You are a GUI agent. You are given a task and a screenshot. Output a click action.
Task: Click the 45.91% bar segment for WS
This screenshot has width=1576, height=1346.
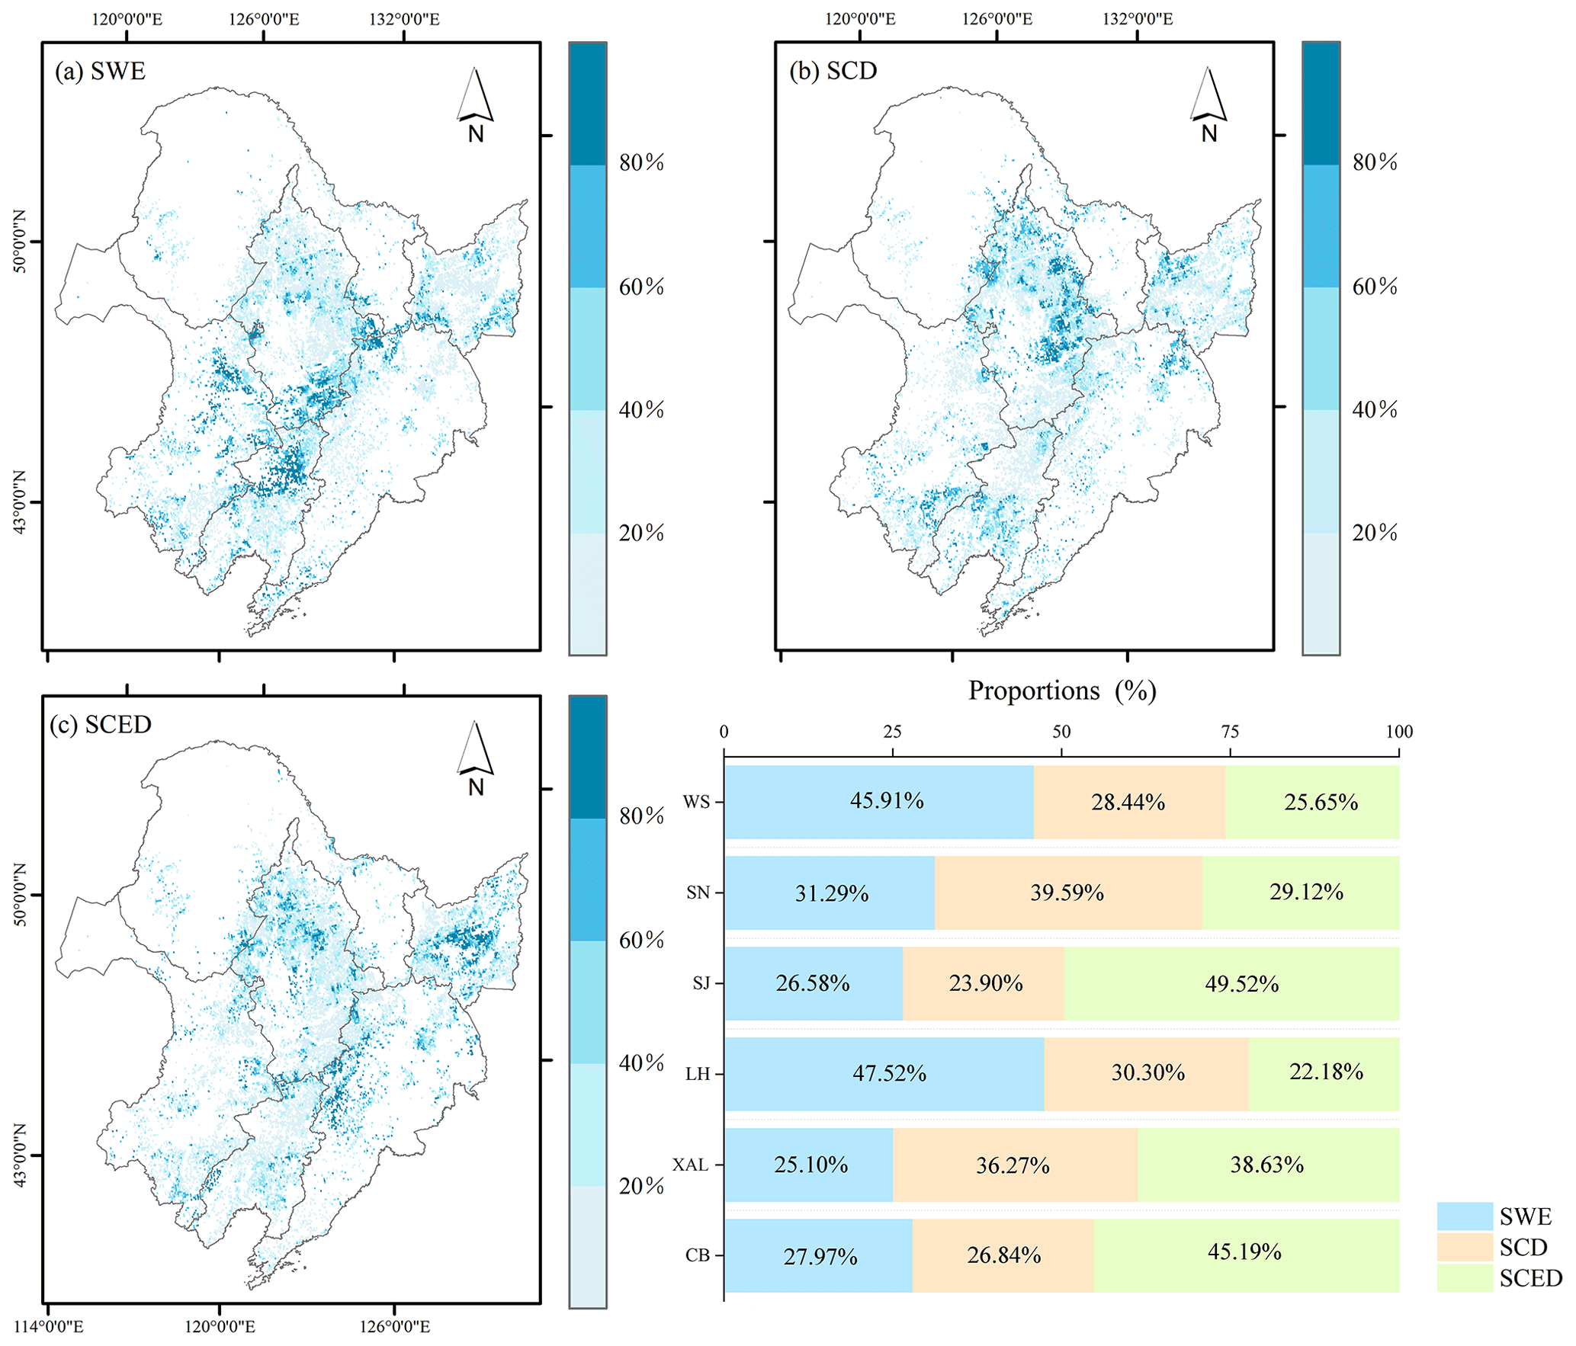pos(878,802)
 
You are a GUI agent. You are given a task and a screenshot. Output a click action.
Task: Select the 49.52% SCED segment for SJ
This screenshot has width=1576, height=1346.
pos(1231,983)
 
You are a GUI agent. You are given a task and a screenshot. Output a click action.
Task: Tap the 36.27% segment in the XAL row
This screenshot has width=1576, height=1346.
pos(1014,1165)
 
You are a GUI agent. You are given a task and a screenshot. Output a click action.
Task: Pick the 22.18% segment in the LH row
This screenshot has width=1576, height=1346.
pos(1324,1073)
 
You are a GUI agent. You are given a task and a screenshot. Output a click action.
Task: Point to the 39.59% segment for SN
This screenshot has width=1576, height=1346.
pos(1067,893)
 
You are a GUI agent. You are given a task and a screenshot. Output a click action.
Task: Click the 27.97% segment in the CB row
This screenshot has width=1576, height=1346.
pos(818,1255)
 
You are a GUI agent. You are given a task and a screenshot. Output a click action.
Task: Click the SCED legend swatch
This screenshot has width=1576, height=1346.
pos(1464,1278)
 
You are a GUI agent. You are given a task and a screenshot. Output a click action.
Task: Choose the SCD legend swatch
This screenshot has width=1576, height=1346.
pos(1464,1248)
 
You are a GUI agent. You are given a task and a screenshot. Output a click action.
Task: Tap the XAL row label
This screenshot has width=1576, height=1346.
pos(690,1165)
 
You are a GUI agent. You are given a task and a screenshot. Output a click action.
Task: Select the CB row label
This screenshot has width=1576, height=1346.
pos(697,1256)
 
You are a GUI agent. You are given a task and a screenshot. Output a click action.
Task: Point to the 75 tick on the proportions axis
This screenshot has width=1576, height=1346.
pos(1230,732)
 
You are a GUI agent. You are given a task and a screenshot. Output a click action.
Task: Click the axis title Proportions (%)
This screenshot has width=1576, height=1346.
pos(1062,691)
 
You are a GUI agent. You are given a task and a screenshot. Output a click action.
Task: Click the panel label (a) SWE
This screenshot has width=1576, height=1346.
pos(100,72)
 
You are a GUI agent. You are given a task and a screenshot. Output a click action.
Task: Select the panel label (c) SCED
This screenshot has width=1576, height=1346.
pos(100,725)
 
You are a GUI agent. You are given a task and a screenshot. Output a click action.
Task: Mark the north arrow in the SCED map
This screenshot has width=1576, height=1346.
pos(476,758)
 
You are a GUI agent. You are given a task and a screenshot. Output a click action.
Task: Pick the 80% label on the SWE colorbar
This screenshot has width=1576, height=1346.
pos(641,162)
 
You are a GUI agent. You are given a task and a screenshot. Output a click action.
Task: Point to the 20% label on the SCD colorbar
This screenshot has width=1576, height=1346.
pos(1375,533)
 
